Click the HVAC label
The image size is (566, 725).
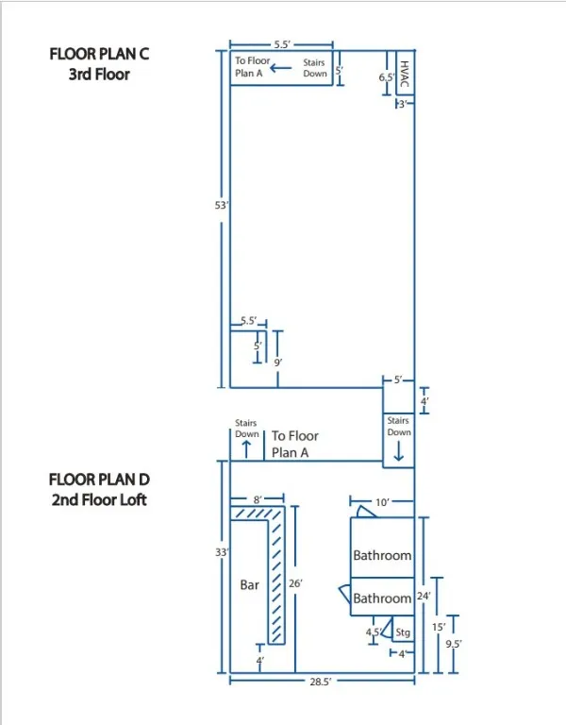pyautogui.click(x=404, y=71)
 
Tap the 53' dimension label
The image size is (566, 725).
pyautogui.click(x=221, y=205)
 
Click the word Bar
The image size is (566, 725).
pyautogui.click(x=249, y=585)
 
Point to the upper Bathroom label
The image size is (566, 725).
pyautogui.click(x=382, y=555)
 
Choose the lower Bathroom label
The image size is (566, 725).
pyautogui.click(x=382, y=599)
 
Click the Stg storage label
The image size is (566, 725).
pyautogui.click(x=403, y=632)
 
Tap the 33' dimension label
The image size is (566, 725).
pyautogui.click(x=222, y=552)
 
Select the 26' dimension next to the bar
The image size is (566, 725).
pyautogui.click(x=295, y=584)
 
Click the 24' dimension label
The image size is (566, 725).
pyautogui.click(x=424, y=597)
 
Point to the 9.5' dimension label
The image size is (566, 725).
pyautogui.click(x=454, y=644)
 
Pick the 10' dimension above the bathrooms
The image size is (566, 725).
pyautogui.click(x=382, y=503)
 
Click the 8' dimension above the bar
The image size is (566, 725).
pyautogui.click(x=257, y=499)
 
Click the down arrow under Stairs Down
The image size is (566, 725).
pyautogui.click(x=398, y=452)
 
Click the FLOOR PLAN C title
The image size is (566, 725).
pyautogui.click(x=99, y=55)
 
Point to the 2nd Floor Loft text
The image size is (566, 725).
pyautogui.click(x=99, y=499)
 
